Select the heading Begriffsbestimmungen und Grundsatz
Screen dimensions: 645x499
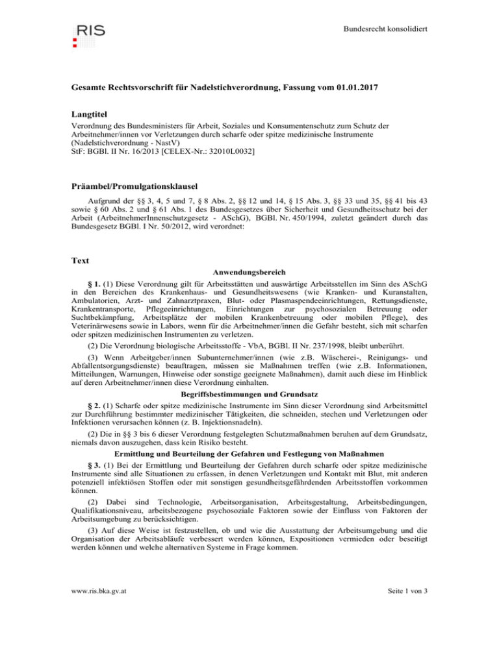click(x=249, y=364)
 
